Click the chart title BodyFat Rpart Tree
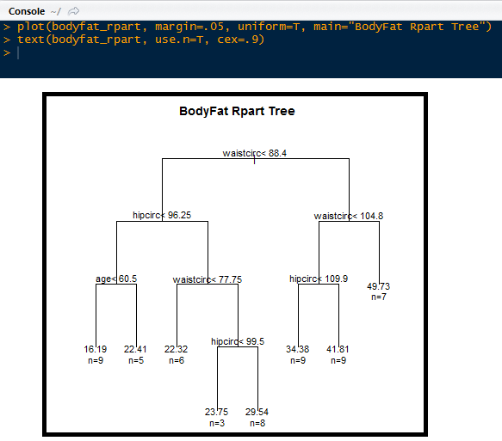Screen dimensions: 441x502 tap(237, 111)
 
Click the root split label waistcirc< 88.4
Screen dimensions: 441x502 tap(255, 153)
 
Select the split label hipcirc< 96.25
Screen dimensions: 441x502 tap(162, 215)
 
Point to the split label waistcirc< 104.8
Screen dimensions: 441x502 tap(349, 216)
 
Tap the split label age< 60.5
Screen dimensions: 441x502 tap(116, 279)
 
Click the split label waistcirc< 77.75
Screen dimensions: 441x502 tap(208, 279)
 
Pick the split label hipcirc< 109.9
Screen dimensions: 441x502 tap(319, 279)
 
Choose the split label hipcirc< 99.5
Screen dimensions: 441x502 tap(238, 341)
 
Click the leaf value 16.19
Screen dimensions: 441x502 tap(96, 349)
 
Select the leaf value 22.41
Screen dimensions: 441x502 tap(136, 349)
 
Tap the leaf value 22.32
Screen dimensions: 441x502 tap(176, 349)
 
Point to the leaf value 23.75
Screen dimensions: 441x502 tap(216, 412)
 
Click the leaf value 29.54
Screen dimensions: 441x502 tap(257, 412)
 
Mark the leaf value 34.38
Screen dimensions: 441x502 tap(297, 349)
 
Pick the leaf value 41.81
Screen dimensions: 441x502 tap(338, 349)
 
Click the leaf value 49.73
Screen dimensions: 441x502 tap(379, 286)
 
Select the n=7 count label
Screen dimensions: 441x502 tap(379, 297)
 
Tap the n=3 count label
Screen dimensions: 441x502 tap(216, 423)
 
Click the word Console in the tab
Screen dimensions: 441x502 tap(26, 10)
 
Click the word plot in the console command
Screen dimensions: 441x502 tap(31, 27)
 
